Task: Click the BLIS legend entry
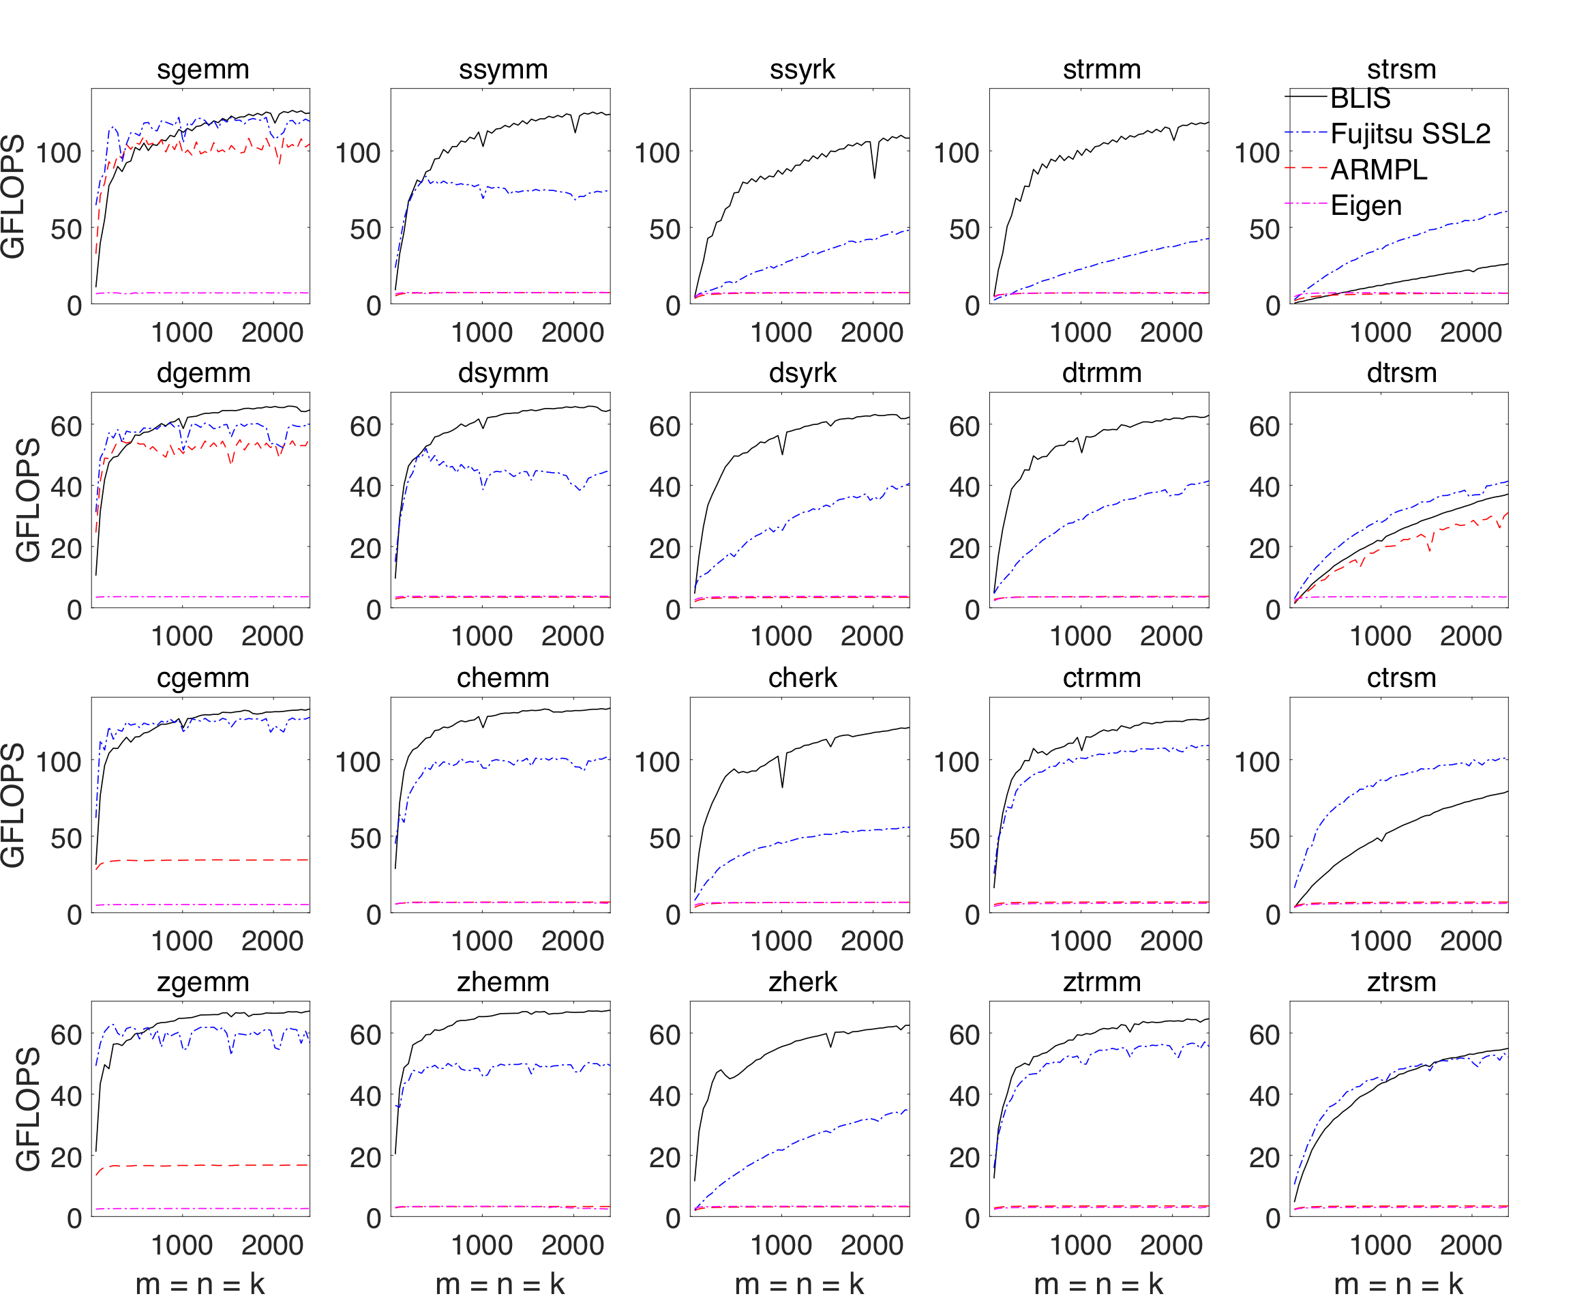[1360, 98]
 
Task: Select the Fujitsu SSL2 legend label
[1410, 134]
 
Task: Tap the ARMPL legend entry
[1378, 170]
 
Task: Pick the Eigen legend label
[1365, 205]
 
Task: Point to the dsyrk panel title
[802, 373]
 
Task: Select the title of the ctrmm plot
[1102, 677]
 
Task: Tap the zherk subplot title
[802, 982]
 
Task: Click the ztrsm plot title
[1401, 982]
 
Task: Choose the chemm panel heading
[502, 677]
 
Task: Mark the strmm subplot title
[1102, 69]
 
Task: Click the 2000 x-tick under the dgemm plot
[272, 636]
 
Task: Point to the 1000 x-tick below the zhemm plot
[481, 1245]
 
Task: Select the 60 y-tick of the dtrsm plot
[1264, 426]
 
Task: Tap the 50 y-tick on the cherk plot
[664, 838]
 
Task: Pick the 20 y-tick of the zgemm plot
[66, 1157]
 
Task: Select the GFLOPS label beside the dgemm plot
[29, 500]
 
